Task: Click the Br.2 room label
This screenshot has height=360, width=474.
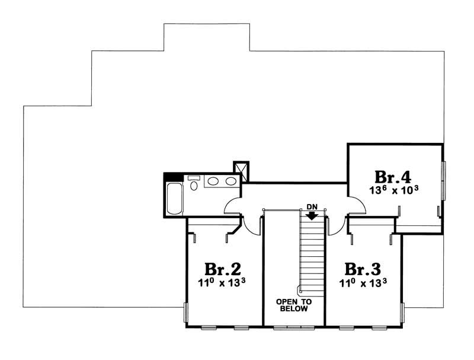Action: tap(223, 267)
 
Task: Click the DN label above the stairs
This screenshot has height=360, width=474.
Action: tap(312, 206)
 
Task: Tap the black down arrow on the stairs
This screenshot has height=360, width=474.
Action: tap(312, 215)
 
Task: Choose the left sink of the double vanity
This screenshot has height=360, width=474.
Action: tap(213, 182)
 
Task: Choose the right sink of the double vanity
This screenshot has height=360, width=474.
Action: tap(229, 182)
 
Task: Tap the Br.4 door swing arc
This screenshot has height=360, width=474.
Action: tap(357, 205)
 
